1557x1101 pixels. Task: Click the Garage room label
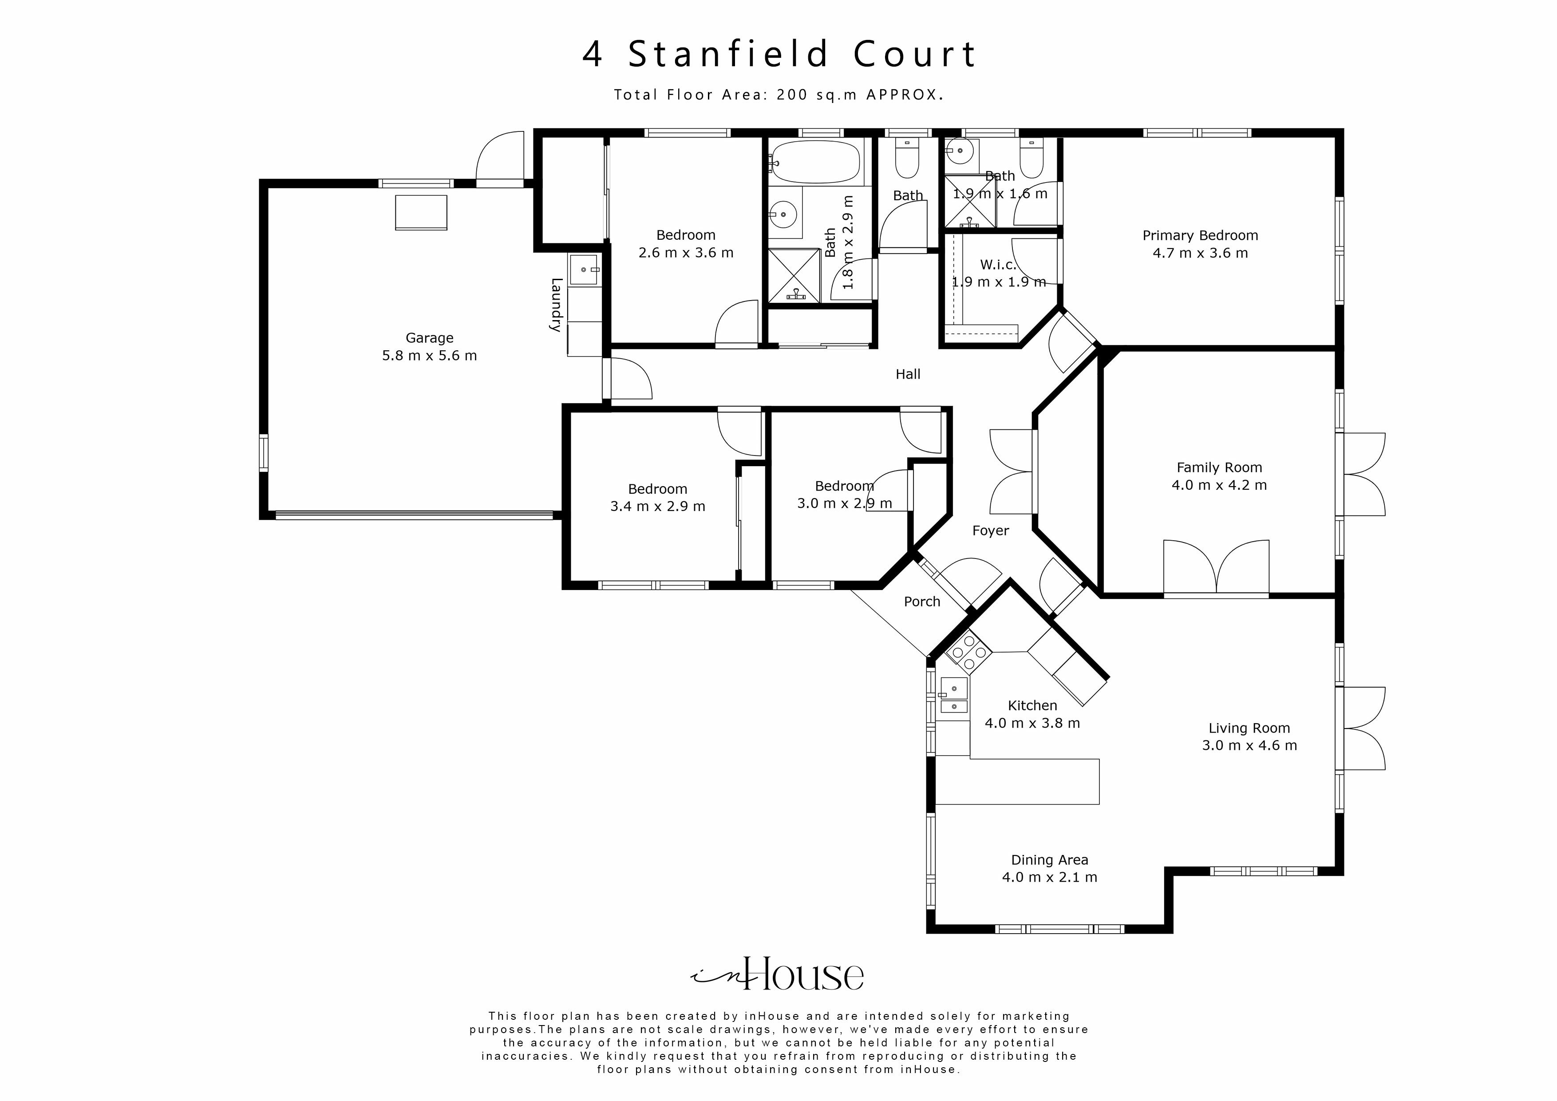(x=429, y=338)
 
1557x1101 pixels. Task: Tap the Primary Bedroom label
(x=1200, y=235)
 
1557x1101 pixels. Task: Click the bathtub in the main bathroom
(x=816, y=162)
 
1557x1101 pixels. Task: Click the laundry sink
(x=583, y=270)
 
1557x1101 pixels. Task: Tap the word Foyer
(x=990, y=531)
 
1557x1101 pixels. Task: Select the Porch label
(x=921, y=602)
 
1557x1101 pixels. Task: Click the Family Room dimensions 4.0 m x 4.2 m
(x=1219, y=485)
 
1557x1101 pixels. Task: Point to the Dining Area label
(x=1049, y=860)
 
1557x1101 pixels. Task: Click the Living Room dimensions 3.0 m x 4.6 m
(x=1249, y=745)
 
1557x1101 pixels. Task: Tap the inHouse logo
(x=778, y=975)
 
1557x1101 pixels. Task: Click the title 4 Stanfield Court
(x=778, y=54)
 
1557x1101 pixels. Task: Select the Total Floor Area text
(x=778, y=95)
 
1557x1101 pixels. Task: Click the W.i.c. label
(x=998, y=265)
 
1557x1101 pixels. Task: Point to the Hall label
(x=907, y=374)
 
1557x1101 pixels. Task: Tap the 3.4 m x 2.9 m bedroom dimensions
(x=657, y=507)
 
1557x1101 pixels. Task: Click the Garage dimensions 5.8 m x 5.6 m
(x=429, y=356)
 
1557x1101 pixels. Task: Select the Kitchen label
(x=1032, y=705)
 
